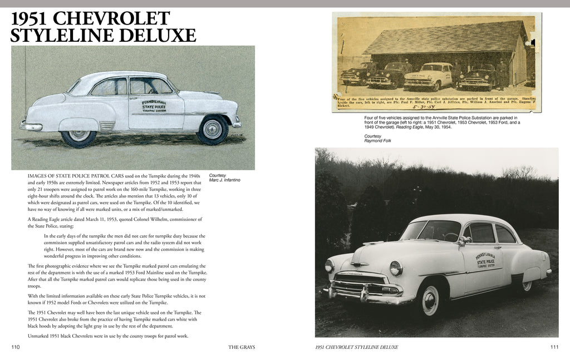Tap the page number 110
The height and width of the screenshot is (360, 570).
point(16,347)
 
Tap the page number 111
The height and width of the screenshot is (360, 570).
point(554,347)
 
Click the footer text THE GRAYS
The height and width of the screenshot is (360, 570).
point(242,347)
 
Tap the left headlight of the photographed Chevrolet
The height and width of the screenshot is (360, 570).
point(396,269)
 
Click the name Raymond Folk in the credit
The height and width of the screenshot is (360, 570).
point(379,141)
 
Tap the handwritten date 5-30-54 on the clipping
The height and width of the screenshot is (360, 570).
point(424,106)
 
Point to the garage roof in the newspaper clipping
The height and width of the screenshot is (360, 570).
point(445,39)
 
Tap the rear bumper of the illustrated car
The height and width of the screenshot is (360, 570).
point(31,126)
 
